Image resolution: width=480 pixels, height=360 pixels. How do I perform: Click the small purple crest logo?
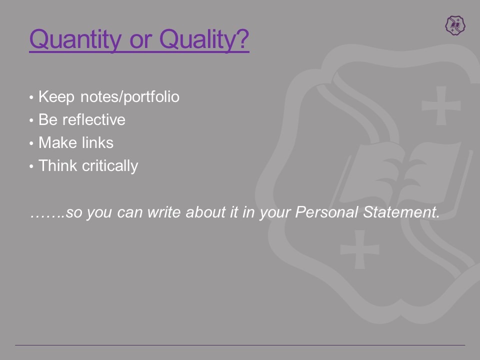coord(455,25)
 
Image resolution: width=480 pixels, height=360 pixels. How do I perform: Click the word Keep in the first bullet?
coord(56,97)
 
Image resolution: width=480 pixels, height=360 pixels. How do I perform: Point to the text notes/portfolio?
coord(130,97)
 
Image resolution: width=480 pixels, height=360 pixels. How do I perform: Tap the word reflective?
coord(94,119)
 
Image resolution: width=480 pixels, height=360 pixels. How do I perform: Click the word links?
coord(98,142)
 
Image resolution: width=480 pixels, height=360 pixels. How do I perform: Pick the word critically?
coord(110,166)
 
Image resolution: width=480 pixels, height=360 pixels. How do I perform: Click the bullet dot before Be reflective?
coord(31,120)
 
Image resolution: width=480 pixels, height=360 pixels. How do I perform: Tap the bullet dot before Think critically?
coord(31,166)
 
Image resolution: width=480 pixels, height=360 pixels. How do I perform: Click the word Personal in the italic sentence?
coord(326,212)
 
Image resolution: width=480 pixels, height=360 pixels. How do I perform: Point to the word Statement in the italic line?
coord(401,212)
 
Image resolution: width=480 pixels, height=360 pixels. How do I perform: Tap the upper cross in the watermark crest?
coord(441,105)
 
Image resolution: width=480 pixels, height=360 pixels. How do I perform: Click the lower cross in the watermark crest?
coord(359,249)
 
